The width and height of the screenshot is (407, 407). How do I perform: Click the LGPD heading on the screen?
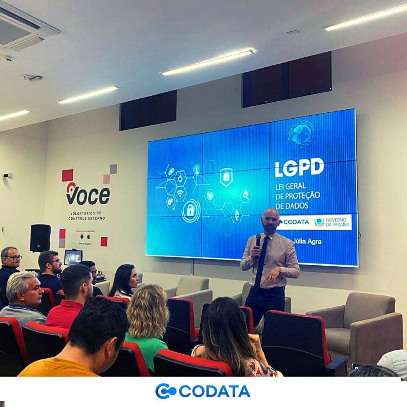(x=299, y=168)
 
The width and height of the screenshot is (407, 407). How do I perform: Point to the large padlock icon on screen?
(x=191, y=210)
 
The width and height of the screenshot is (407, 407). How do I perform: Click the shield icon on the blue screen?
(x=226, y=176)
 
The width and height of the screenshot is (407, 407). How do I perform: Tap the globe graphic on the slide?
(x=301, y=134)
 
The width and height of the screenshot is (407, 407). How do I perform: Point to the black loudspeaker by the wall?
(x=40, y=238)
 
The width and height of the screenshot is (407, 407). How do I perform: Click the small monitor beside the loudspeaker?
(x=73, y=257)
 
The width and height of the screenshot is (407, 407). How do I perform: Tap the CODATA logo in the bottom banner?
(x=202, y=391)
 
